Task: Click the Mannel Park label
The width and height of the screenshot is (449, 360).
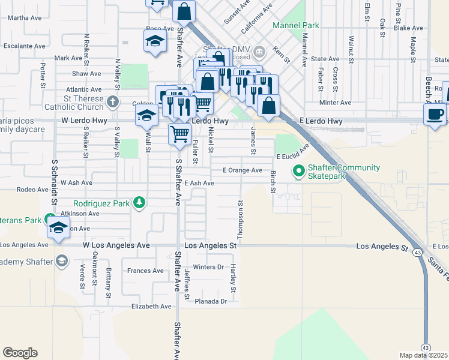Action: click(x=295, y=25)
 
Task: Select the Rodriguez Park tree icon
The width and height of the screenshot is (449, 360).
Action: click(x=139, y=203)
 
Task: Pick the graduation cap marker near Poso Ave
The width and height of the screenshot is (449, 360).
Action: click(x=155, y=41)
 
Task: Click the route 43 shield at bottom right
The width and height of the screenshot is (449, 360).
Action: click(x=425, y=347)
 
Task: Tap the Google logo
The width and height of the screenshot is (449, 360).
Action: click(x=20, y=353)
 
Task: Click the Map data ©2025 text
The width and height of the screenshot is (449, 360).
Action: click(x=423, y=355)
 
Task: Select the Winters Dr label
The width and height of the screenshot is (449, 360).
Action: click(x=208, y=267)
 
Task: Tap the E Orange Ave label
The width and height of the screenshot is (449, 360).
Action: click(x=243, y=170)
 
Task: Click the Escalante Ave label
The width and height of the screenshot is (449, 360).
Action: click(x=24, y=46)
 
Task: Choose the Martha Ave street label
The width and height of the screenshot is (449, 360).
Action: click(x=23, y=18)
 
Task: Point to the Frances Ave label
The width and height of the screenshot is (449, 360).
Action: click(x=145, y=271)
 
